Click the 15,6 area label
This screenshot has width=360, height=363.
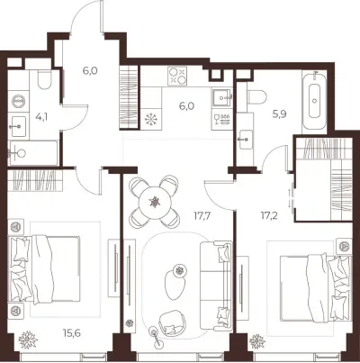click(72, 332)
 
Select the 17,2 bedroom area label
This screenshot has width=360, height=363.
click(269, 215)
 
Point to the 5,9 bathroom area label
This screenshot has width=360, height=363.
click(279, 114)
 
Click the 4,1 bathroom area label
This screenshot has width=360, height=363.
click(41, 116)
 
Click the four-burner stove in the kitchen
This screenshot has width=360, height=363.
click(177, 76)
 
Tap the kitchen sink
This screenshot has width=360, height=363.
click(222, 97)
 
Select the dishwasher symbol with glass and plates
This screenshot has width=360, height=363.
click(222, 120)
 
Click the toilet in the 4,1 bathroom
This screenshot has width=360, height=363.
click(45, 79)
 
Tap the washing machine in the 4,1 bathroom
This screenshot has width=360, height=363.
click(18, 101)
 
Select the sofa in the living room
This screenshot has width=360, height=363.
click(216, 284)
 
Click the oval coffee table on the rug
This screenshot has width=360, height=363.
click(174, 286)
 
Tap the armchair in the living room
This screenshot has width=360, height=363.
click(171, 322)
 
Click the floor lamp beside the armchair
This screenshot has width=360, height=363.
click(157, 335)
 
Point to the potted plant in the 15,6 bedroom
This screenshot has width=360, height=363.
click(28, 340)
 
